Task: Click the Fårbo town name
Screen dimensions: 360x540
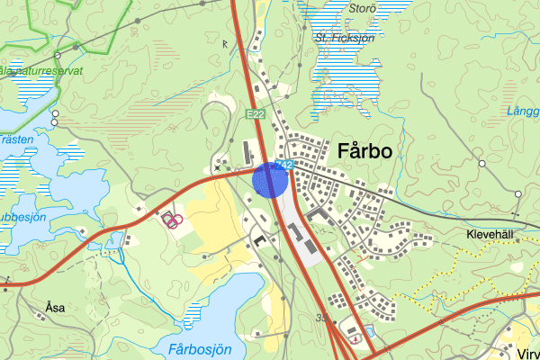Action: coord(365,152)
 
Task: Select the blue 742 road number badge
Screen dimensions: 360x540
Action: coord(285,165)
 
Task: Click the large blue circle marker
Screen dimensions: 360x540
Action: coord(270,179)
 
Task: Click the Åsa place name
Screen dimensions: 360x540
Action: coord(55,307)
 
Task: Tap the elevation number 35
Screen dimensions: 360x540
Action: coord(321,317)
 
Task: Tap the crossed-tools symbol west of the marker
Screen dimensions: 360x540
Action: coord(218,166)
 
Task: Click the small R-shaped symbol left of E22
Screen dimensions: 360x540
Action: coord(225,41)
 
